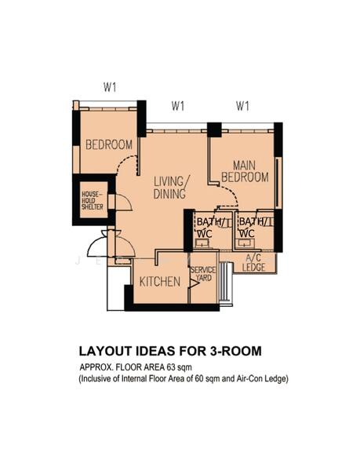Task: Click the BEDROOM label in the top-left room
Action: [x=109, y=145]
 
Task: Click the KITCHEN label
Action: [x=160, y=282]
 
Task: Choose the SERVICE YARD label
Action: [x=202, y=274]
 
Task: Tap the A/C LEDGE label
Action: [x=254, y=262]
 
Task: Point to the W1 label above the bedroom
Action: [x=110, y=87]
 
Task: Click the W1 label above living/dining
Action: [x=179, y=106]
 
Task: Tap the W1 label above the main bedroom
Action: [x=242, y=106]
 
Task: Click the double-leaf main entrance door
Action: [x=104, y=245]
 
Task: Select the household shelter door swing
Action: [x=122, y=202]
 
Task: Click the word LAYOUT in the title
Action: [x=106, y=351]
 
